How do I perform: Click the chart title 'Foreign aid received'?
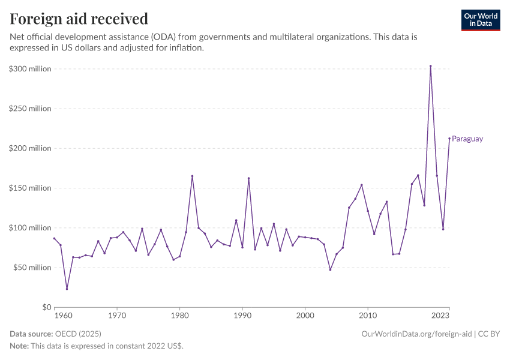tap(79, 19)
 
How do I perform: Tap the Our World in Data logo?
tap(480, 20)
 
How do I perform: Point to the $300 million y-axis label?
tap(30, 69)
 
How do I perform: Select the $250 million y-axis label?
tap(30, 109)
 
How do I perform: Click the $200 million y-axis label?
tap(30, 148)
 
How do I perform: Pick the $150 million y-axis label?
tap(30, 188)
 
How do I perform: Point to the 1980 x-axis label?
tap(179, 315)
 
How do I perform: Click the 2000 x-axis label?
tap(305, 315)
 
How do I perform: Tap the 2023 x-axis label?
tap(441, 315)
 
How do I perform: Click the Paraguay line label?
tap(467, 139)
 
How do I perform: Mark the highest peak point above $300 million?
tap(430, 66)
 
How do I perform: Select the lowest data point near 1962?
tap(67, 289)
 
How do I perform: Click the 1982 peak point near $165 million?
tap(192, 176)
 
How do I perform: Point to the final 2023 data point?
tap(449, 139)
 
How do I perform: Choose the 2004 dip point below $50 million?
tap(330, 269)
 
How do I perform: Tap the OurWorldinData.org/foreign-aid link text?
tap(416, 333)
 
